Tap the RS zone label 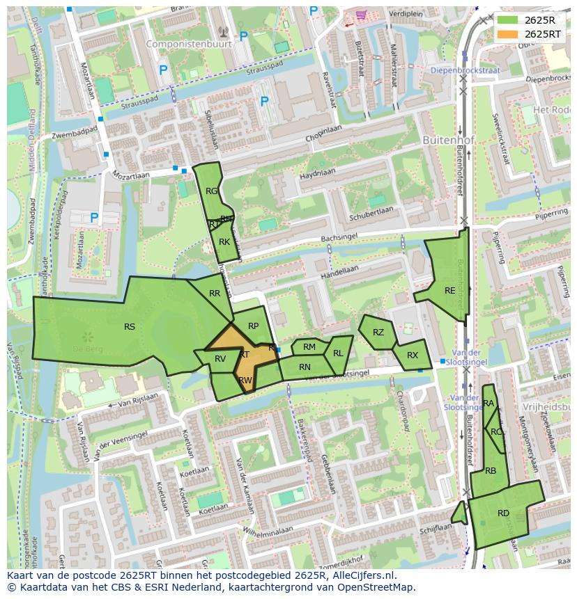pos(130,327)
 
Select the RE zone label pos(449,291)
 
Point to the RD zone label pos(503,513)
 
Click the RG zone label pos(212,191)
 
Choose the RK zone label pos(224,242)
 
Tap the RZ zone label pos(378,333)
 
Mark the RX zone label pos(413,356)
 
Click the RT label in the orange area pos(244,355)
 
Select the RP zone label pos(253,326)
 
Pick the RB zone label pos(491,471)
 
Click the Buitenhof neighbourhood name pos(448,140)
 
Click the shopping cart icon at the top pos(361,15)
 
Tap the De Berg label pos(89,348)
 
